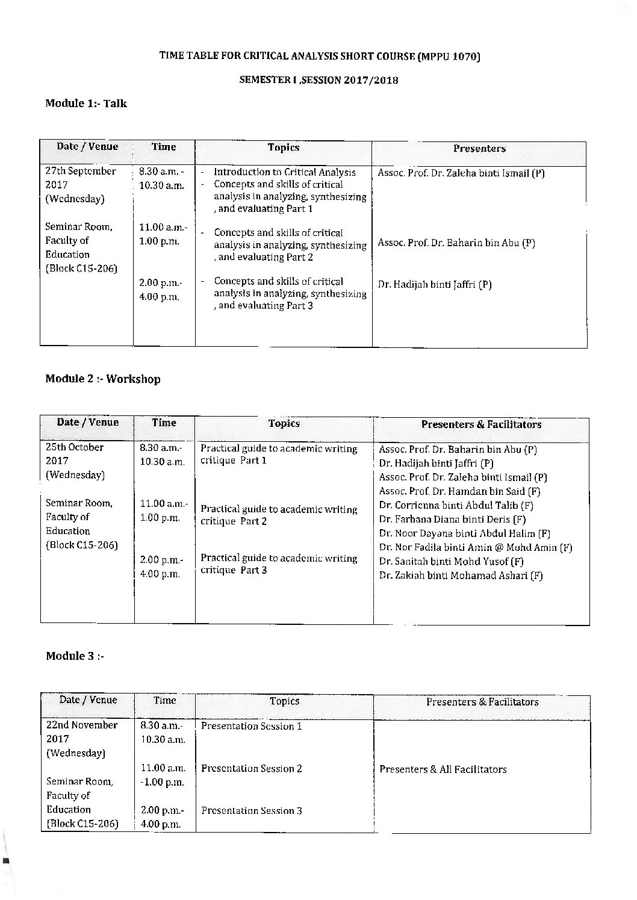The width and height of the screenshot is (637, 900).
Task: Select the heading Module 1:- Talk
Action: click(86, 104)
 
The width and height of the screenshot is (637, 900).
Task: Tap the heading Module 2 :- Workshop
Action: click(103, 379)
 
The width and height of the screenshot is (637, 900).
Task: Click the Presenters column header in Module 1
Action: click(479, 148)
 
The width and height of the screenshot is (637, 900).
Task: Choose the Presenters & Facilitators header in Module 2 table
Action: click(481, 424)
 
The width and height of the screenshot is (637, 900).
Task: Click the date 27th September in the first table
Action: click(81, 171)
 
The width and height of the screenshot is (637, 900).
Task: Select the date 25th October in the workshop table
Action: click(75, 447)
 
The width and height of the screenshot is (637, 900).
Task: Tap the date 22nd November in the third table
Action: click(82, 725)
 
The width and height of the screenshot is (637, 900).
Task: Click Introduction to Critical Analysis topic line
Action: click(285, 172)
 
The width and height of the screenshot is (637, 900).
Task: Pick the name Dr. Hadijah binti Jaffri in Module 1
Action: click(435, 285)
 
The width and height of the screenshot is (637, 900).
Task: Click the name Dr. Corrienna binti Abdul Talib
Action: click(456, 506)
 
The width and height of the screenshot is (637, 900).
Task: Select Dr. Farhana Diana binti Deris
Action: click(453, 520)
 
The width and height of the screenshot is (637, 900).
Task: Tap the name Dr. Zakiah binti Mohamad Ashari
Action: click(461, 576)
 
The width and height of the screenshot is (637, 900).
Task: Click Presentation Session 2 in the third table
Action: click(252, 768)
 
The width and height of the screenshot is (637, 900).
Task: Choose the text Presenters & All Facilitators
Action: click(443, 769)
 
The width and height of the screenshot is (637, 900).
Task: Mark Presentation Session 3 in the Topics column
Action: click(252, 810)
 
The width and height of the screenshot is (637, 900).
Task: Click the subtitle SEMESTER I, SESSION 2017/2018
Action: click(318, 79)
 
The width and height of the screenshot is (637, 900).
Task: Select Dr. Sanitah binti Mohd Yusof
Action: click(451, 562)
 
